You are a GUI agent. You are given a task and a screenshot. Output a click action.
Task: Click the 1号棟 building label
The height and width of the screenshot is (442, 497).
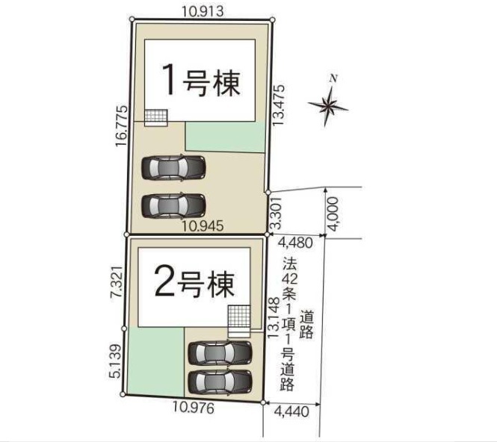202,81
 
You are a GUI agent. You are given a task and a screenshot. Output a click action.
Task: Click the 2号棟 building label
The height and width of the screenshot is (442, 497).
194,282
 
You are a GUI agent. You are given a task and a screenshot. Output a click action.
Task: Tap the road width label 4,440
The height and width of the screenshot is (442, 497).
292,411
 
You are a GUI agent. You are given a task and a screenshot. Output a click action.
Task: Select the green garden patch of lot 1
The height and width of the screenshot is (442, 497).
224,136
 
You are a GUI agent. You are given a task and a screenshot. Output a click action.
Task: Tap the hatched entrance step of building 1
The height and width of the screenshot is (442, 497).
156,118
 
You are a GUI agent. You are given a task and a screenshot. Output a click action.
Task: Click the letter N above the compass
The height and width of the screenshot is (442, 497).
335,78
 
